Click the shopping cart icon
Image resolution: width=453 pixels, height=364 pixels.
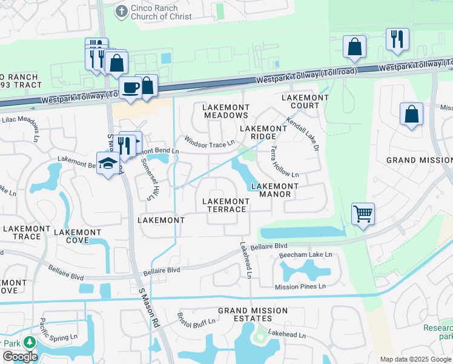click(363, 213)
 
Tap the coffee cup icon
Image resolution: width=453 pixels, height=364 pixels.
click(131, 87)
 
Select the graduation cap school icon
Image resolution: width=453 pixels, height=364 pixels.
click(108, 163)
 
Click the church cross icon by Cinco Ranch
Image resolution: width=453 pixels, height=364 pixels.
click(122, 11)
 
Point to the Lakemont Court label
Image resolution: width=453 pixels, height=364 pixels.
click(300, 101)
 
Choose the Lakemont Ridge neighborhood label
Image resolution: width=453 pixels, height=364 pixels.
click(263, 133)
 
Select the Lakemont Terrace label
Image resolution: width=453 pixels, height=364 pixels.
click(225, 205)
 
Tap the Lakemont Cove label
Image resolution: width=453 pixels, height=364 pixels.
click(78, 236)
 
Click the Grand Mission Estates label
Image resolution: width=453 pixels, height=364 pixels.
click(253, 314)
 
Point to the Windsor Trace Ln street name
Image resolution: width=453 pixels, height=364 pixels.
click(210, 141)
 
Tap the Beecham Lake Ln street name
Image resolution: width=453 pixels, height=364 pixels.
click(306, 255)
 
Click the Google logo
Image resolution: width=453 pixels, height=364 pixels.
click(20, 357)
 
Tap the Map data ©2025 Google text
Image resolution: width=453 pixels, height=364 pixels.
click(415, 359)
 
